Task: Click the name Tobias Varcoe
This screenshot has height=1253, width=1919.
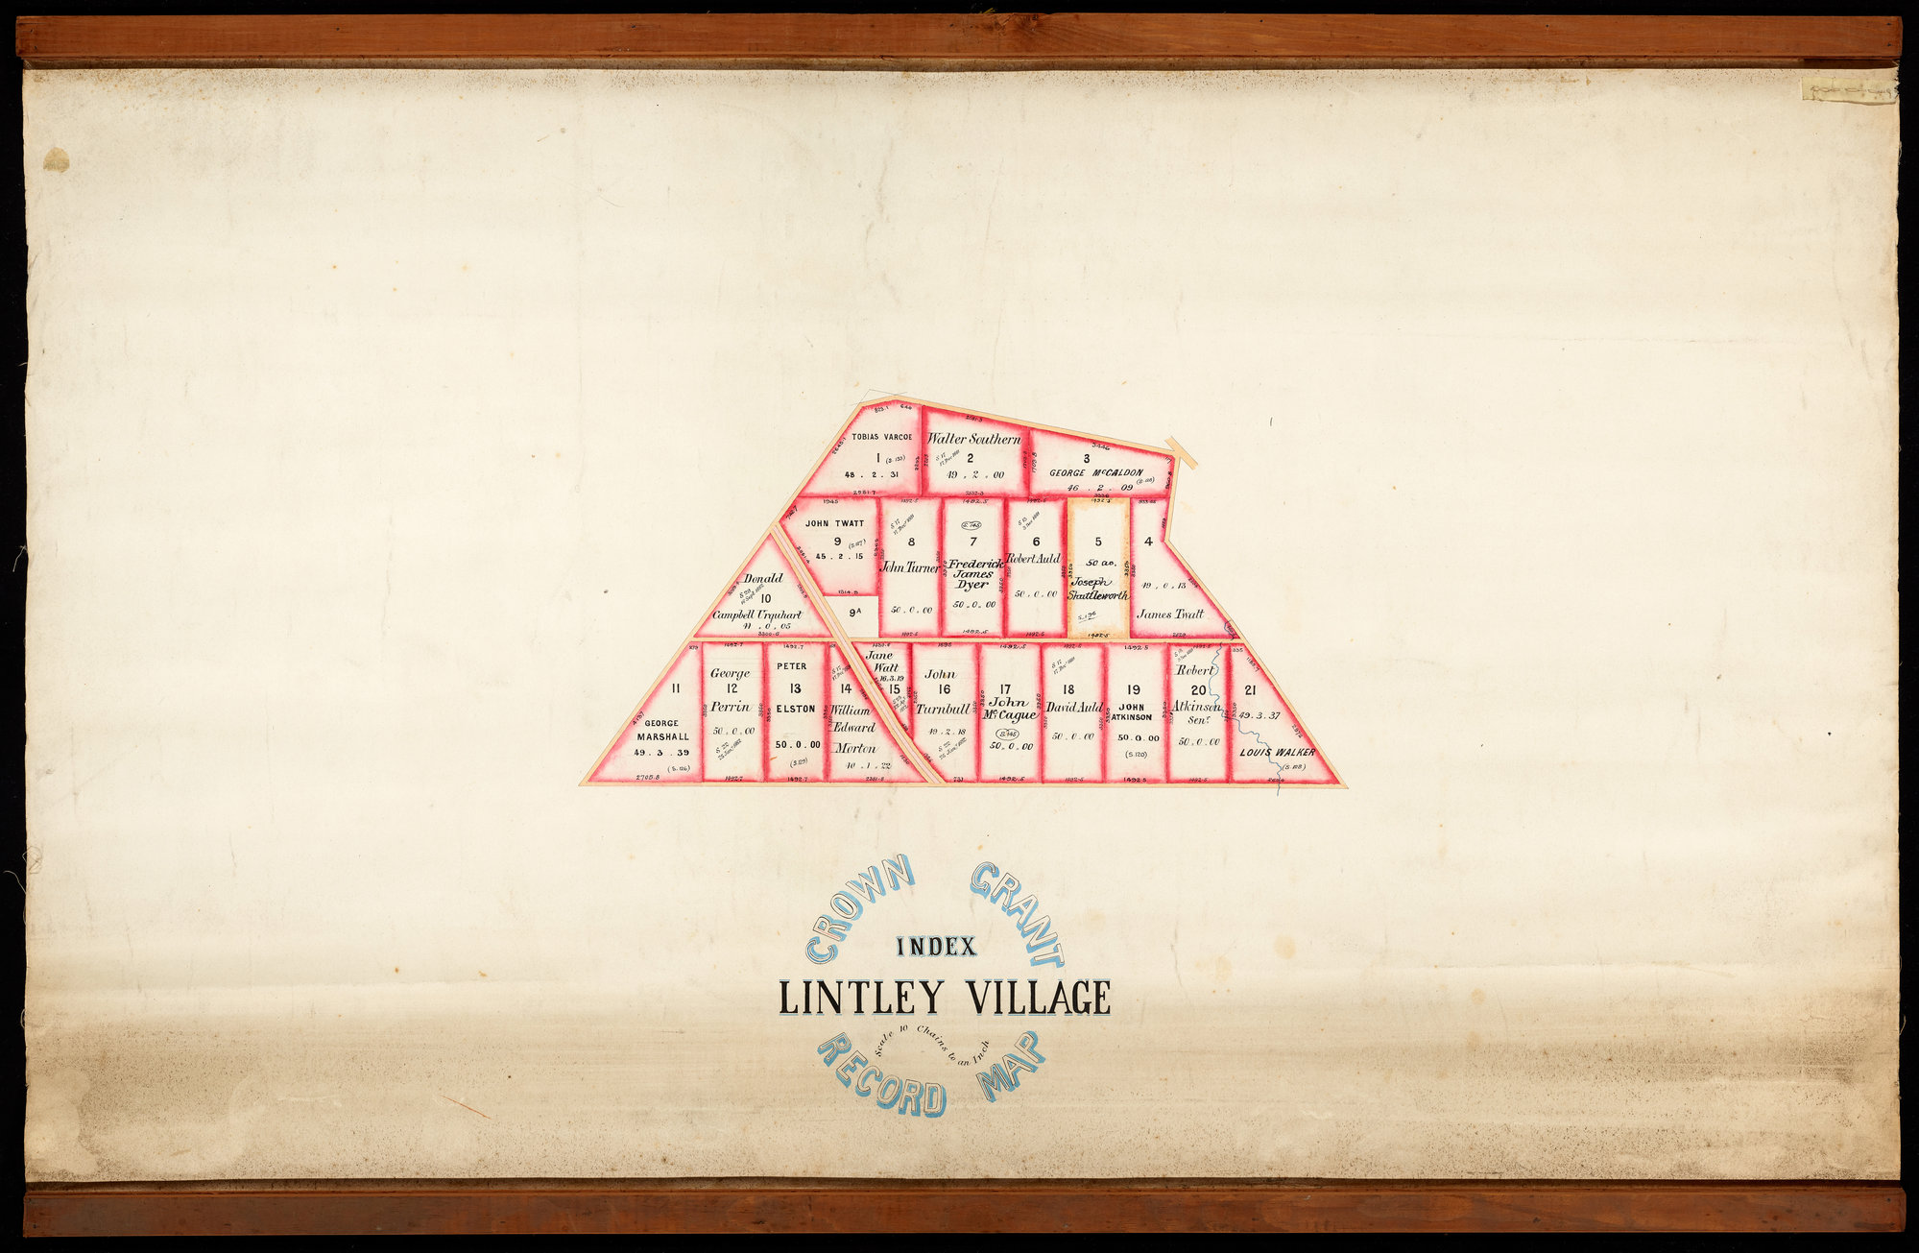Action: pyautogui.click(x=881, y=436)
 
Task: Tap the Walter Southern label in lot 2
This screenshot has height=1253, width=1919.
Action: pyautogui.click(x=973, y=439)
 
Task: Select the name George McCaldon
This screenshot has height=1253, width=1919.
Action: pyautogui.click(x=1095, y=472)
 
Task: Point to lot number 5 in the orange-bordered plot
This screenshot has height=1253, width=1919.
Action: pyautogui.click(x=1098, y=542)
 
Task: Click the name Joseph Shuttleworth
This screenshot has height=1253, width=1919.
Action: pyautogui.click(x=1097, y=589)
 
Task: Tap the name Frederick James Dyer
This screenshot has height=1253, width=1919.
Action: pyautogui.click(x=973, y=573)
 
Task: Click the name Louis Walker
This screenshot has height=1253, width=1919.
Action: pyautogui.click(x=1277, y=752)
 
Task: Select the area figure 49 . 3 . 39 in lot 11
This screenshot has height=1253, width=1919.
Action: pyautogui.click(x=661, y=752)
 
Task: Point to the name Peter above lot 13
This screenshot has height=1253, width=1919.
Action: pyautogui.click(x=792, y=665)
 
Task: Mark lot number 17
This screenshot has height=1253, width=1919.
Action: pyautogui.click(x=1005, y=688)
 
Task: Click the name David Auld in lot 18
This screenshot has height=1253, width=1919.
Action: pyautogui.click(x=1074, y=708)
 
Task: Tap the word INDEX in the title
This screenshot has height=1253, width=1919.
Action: pyautogui.click(x=936, y=947)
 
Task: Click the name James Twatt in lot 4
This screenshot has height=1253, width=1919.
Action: pyautogui.click(x=1169, y=614)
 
